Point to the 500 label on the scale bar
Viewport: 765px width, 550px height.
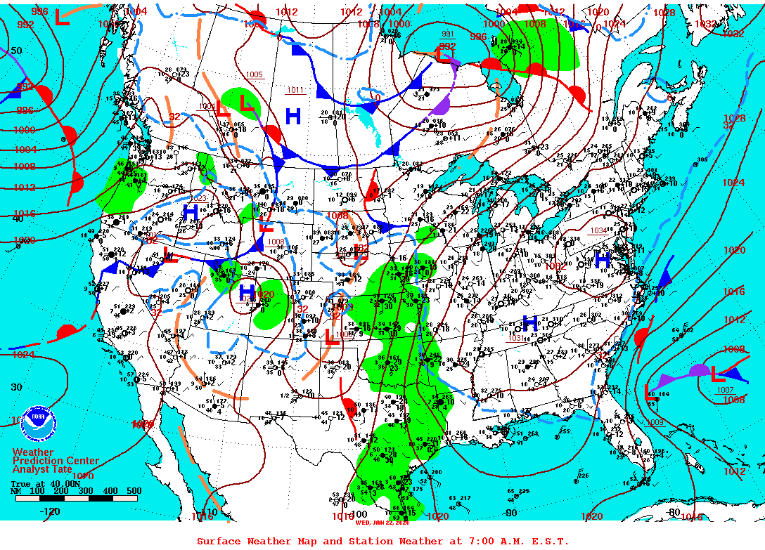coord(134,491)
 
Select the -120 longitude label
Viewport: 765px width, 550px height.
coord(50,511)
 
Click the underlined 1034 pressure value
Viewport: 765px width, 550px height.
coord(598,230)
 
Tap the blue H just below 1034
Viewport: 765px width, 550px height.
coord(603,261)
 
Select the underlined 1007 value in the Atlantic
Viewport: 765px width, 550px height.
coord(724,391)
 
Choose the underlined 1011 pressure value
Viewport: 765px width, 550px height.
coord(296,90)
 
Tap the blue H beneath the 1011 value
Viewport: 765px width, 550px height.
coord(293,116)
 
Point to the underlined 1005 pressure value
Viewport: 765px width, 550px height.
coord(254,74)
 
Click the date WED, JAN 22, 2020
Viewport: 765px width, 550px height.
coord(382,523)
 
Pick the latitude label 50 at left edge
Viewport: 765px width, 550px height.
coord(16,51)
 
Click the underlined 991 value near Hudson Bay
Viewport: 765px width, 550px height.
coord(448,34)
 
